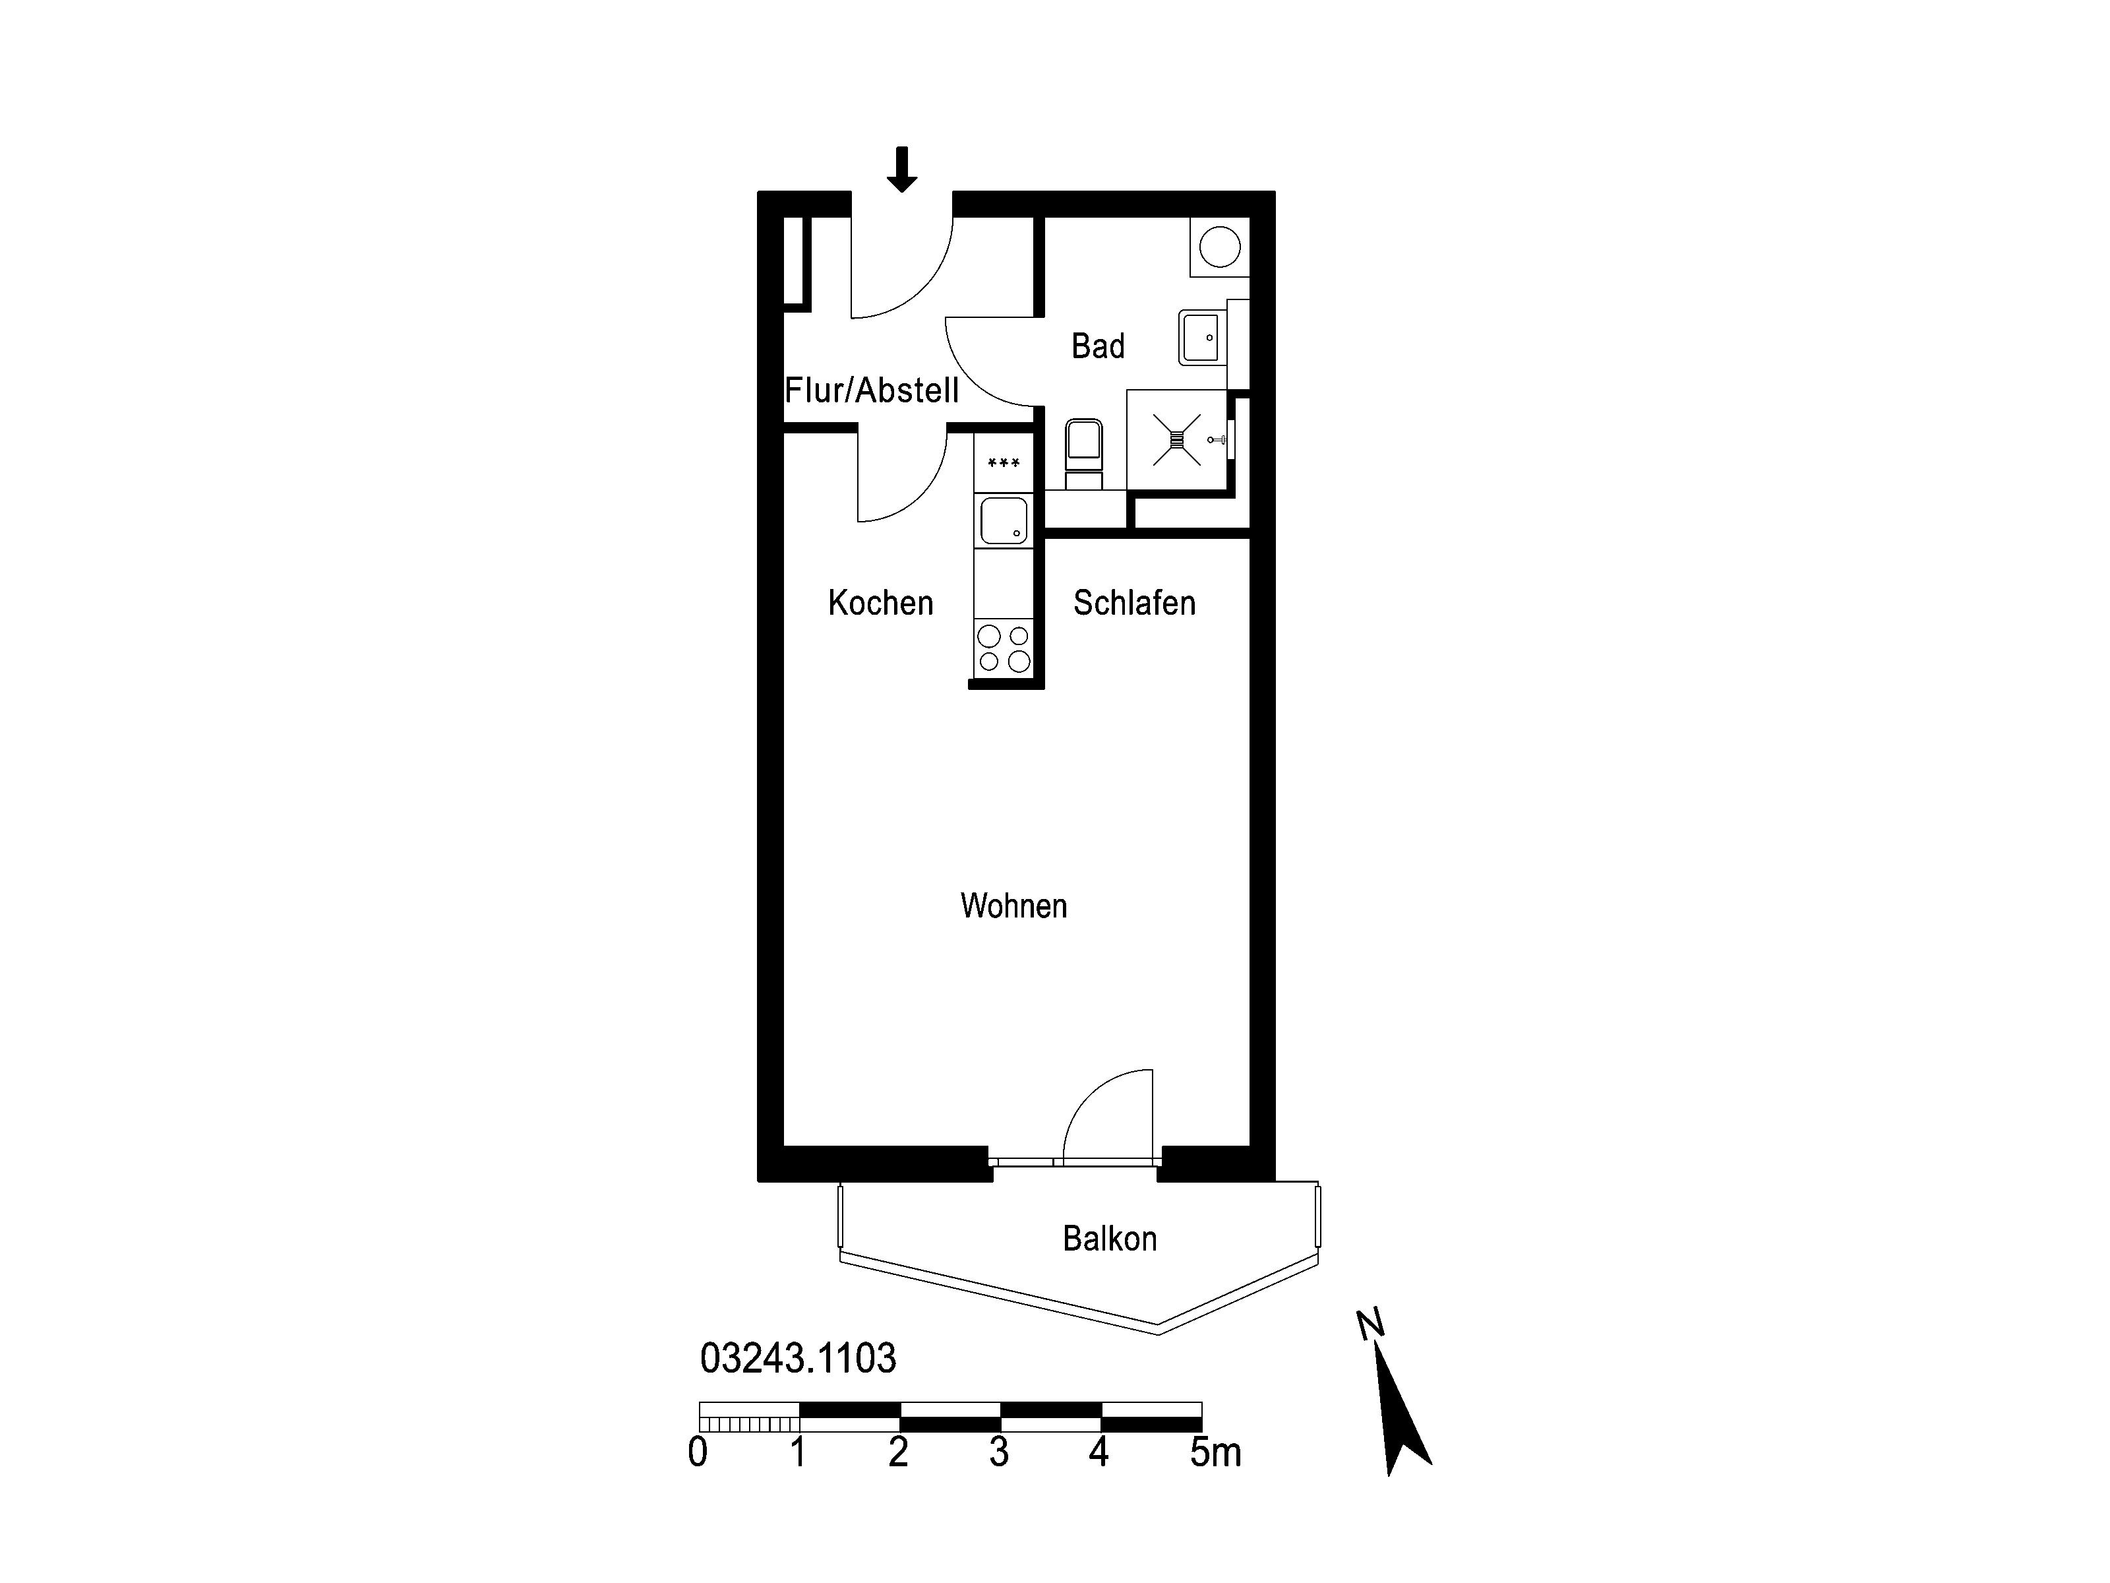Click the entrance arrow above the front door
tap(901, 169)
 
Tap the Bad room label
tap(1098, 346)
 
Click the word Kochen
tap(880, 602)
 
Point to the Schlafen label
tap(1134, 602)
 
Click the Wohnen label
tap(1014, 906)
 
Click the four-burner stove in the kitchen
tap(1004, 648)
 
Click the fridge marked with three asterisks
tap(1004, 464)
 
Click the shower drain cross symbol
tap(1176, 440)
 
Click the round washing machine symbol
tap(1219, 248)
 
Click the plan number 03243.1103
tap(799, 1358)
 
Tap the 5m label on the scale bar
tap(1215, 1452)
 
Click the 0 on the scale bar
tap(698, 1452)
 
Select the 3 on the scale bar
tap(999, 1452)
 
